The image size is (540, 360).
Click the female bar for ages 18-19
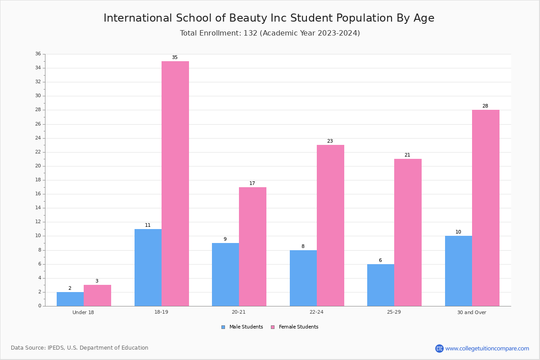pos(175,184)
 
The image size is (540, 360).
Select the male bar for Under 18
pos(70,299)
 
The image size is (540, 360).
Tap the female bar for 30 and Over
pos(486,208)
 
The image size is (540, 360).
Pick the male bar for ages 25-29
pos(381,285)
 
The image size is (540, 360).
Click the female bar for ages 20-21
pos(252,247)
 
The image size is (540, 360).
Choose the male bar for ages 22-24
pos(303,278)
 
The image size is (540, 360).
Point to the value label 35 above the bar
pos(175,58)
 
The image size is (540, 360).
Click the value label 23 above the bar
pos(330,141)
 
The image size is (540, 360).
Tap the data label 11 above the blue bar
pos(148,225)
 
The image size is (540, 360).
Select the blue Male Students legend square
pos(223,327)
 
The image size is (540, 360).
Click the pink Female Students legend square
pos(273,327)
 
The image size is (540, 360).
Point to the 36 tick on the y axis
pos(38,54)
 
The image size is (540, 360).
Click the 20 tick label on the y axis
pos(38,166)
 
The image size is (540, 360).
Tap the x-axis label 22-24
pos(316,312)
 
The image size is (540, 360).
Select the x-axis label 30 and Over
pos(472,312)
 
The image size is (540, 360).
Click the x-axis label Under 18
pos(83,312)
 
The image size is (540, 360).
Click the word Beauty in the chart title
pos(248,18)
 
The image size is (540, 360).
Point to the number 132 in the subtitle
pos(251,33)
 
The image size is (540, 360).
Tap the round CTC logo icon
pos(439,348)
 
